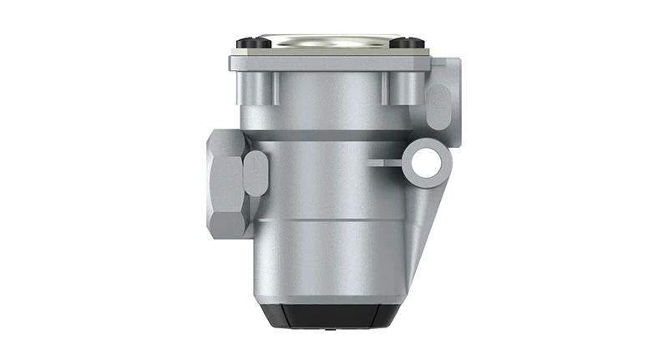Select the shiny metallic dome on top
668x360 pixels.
click(x=326, y=38)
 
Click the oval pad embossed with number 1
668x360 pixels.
click(x=256, y=173)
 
